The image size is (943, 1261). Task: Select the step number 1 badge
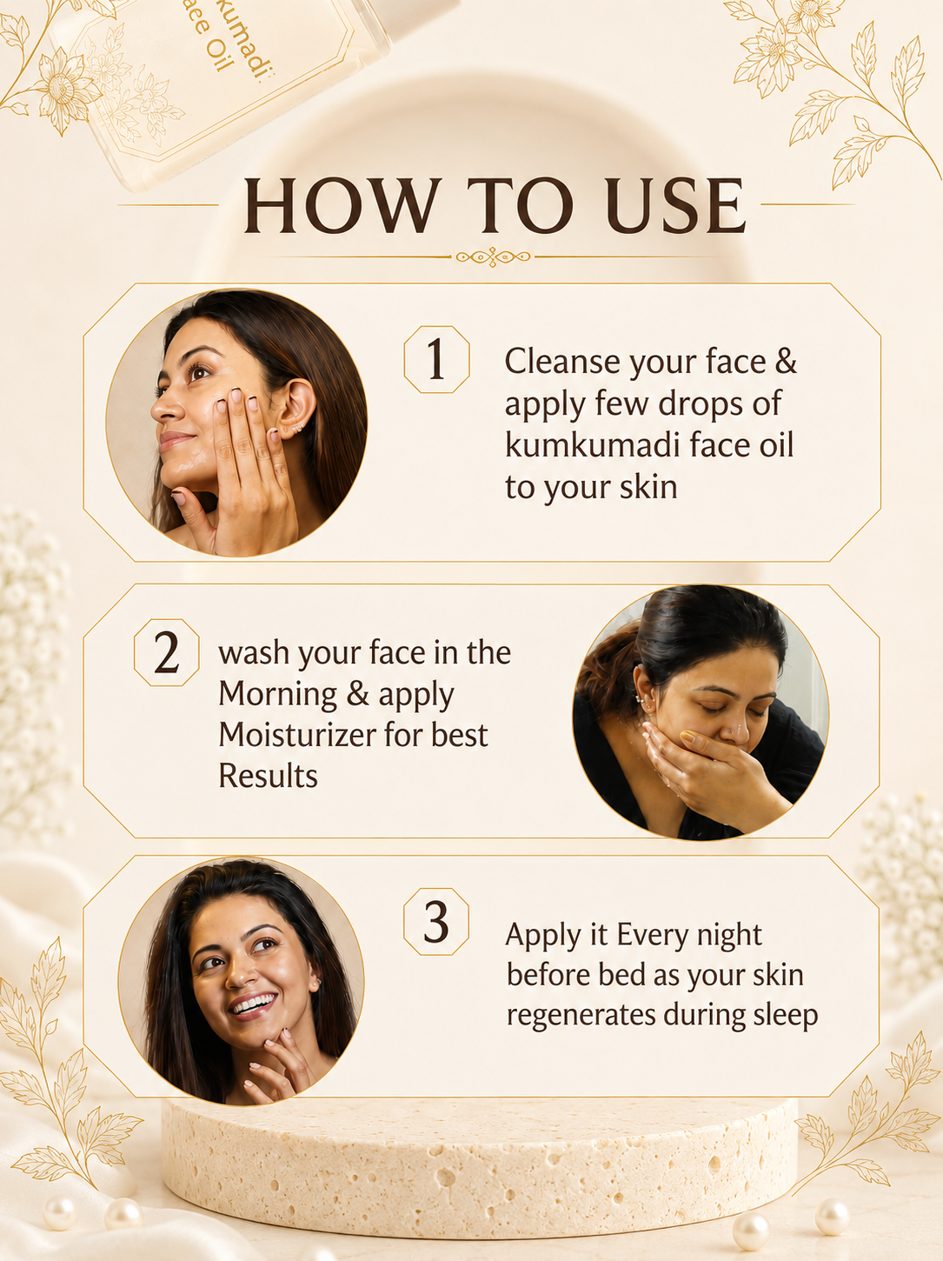coord(436,360)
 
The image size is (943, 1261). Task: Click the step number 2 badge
coord(167,652)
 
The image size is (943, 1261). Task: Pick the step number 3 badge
coord(435,922)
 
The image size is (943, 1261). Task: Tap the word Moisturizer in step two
coord(296,735)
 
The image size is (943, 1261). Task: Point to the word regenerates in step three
coord(581,1017)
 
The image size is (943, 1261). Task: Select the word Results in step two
coord(268,776)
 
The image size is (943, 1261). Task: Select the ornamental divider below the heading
coord(494,257)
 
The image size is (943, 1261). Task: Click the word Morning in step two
coord(278,694)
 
